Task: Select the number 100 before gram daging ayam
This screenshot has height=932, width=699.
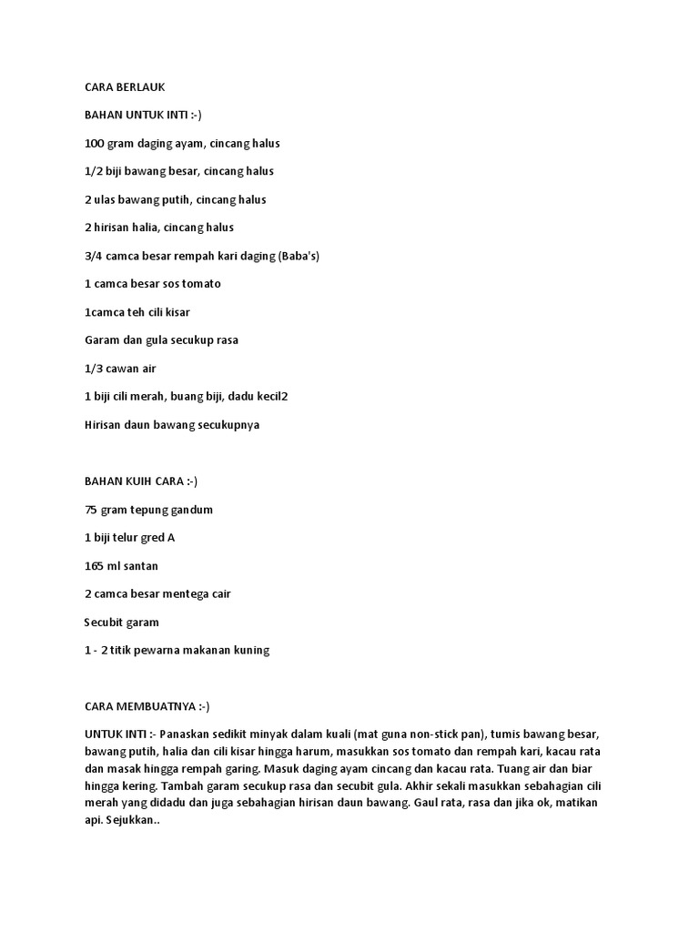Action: (95, 143)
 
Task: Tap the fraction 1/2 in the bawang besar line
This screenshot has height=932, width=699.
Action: (94, 171)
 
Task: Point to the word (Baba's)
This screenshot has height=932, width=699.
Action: (299, 256)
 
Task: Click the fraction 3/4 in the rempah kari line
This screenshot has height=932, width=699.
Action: (94, 256)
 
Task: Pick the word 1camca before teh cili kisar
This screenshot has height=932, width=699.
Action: (107, 312)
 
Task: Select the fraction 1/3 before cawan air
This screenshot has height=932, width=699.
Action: (94, 369)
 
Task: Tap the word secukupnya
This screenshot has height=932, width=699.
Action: (222, 425)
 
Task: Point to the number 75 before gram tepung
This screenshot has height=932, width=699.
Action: (91, 510)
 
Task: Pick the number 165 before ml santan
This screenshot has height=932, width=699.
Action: (95, 566)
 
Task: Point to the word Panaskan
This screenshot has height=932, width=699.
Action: (189, 734)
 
